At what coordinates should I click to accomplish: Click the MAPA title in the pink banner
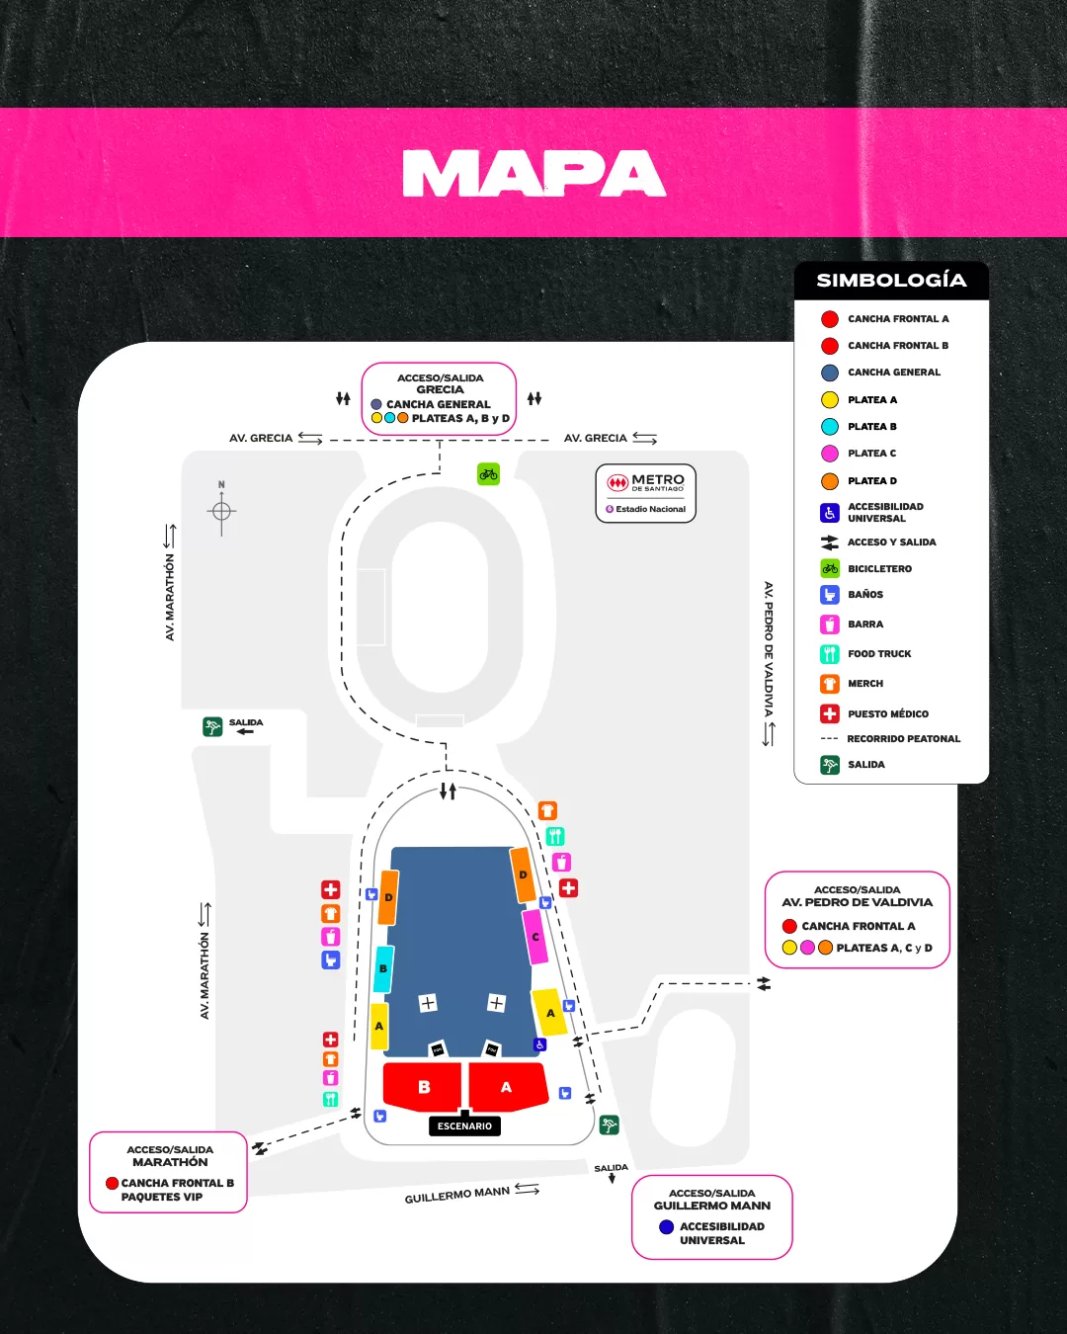[533, 174]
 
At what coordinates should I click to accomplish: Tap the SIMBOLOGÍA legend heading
[891, 281]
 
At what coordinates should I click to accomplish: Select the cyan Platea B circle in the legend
[830, 427]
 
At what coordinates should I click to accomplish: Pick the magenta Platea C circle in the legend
[830, 454]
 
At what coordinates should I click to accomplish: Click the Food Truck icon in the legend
[830, 654]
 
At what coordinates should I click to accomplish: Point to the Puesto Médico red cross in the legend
[830, 713]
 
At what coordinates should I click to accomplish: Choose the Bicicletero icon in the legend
[830, 569]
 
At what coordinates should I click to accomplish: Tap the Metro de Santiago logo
[646, 483]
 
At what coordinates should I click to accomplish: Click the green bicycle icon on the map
[488, 474]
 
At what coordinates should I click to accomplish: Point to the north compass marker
[221, 510]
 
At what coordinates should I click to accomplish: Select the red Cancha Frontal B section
[423, 1087]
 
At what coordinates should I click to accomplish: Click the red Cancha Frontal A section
[507, 1087]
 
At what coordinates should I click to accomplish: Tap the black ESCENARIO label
[464, 1126]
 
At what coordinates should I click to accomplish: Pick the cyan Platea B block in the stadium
[383, 969]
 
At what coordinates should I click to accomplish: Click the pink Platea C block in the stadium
[535, 937]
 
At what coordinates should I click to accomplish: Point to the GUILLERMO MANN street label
[456, 1195]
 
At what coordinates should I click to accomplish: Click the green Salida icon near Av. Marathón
[212, 727]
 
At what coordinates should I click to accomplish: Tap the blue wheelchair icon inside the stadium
[540, 1044]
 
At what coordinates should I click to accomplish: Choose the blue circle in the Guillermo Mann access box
[667, 1227]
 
